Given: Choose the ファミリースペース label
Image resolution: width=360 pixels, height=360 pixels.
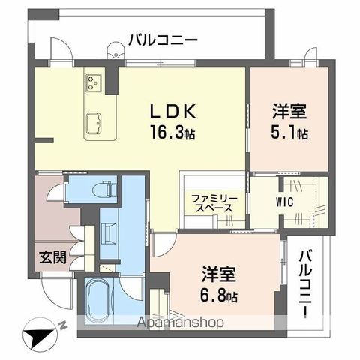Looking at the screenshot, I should pos(214,204).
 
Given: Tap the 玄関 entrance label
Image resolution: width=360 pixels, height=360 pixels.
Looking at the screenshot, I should pos(52,257).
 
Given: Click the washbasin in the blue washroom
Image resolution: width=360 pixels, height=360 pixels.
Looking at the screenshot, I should pos(108,234).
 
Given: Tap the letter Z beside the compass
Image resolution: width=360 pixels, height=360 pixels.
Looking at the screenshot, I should pos(63,324).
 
